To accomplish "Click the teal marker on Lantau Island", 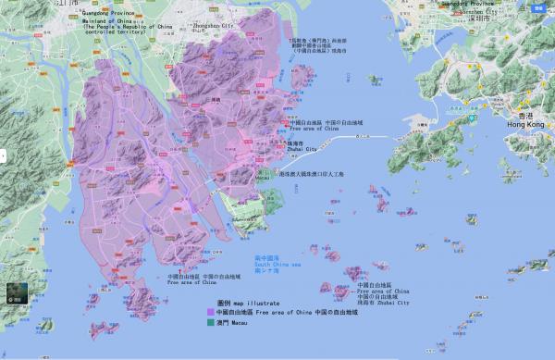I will pos(471,118).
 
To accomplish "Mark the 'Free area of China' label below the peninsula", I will pos(191,282).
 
